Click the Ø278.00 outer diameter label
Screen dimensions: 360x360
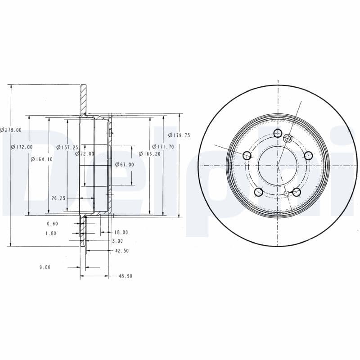[x=11, y=130]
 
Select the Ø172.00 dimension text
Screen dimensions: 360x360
[x=22, y=147]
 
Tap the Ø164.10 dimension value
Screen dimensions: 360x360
[x=41, y=159]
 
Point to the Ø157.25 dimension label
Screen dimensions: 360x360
[x=67, y=147]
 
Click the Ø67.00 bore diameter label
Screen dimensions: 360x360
[x=124, y=165]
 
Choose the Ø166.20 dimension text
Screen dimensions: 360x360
[x=149, y=154]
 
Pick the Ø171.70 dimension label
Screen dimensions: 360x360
[x=162, y=147]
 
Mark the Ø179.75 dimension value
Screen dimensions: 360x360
[x=179, y=135]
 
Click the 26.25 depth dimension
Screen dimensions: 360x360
[x=59, y=198]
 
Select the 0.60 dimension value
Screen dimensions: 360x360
[x=52, y=224]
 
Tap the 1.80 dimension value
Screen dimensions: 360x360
[x=51, y=233]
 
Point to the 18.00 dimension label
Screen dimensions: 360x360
[x=121, y=233]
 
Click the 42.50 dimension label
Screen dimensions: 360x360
[x=122, y=251]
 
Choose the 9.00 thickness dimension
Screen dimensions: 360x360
[x=45, y=267]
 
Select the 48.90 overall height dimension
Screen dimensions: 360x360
[x=125, y=276]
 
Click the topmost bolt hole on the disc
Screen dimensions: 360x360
[x=278, y=133]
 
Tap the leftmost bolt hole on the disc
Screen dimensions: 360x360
[x=247, y=156]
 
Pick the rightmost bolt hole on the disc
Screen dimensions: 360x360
[x=308, y=156]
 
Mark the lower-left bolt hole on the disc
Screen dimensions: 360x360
[x=258, y=192]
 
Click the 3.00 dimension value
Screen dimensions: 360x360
[x=117, y=242]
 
